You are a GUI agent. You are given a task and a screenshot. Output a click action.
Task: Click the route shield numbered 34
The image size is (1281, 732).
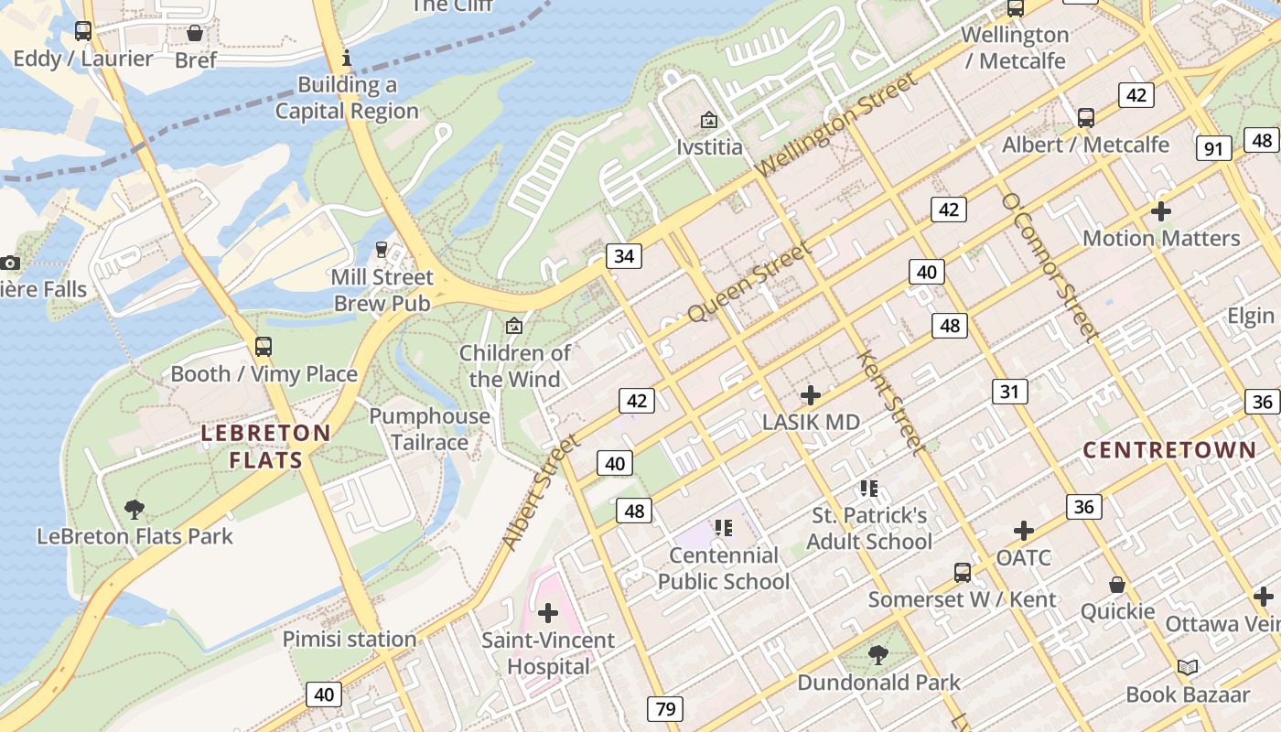point(623,255)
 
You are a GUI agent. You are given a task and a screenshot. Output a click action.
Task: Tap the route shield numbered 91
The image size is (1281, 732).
point(1213,148)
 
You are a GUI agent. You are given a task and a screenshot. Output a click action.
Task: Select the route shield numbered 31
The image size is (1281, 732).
point(1009,392)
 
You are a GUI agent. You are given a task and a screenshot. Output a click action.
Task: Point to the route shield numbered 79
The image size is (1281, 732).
point(664,708)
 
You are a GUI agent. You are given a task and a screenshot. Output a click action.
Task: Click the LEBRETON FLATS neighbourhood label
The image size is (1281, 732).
point(265,446)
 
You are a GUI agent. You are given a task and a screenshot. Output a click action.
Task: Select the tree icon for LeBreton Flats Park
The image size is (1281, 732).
point(135,510)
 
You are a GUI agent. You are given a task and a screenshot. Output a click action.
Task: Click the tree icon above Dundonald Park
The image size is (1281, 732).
point(878,655)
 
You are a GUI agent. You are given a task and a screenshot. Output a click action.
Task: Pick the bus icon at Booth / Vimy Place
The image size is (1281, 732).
point(264,347)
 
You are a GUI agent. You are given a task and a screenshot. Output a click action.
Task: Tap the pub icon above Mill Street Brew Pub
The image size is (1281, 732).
point(382,250)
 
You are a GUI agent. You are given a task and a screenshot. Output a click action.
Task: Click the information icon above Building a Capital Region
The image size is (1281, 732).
point(346,59)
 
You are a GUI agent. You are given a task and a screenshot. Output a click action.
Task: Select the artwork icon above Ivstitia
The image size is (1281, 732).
point(708,120)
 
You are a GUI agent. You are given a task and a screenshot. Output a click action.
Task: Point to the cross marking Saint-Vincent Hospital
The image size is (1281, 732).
point(548,613)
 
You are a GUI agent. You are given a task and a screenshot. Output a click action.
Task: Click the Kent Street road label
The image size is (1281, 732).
point(889,401)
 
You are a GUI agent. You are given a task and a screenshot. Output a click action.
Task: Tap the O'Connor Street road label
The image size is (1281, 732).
point(1049,265)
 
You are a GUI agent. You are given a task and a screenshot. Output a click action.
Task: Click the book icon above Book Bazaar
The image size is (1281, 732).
point(1188,668)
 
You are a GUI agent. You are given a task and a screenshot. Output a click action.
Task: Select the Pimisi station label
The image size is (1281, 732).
point(349,639)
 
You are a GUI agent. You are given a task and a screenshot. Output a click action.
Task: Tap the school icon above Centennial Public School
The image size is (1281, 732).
point(724,528)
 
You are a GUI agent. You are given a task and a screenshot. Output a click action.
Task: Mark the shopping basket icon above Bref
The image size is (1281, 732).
point(195,33)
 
